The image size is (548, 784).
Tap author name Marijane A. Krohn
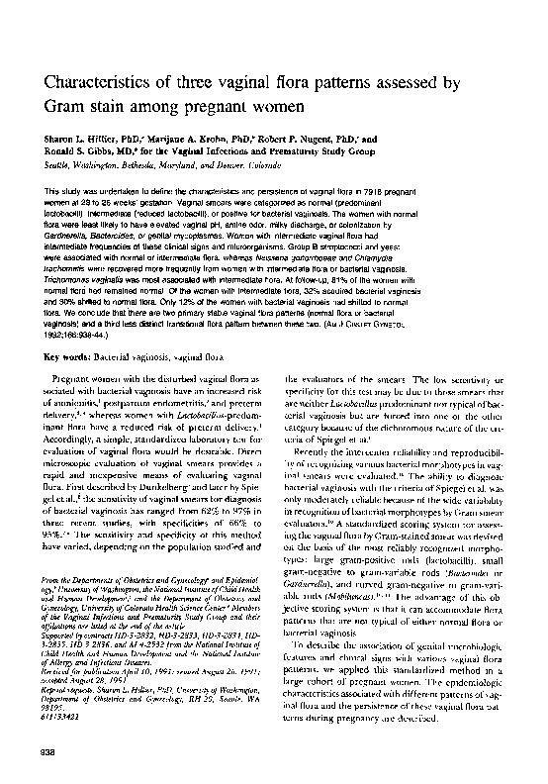(207, 142)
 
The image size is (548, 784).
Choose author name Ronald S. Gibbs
(85, 154)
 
